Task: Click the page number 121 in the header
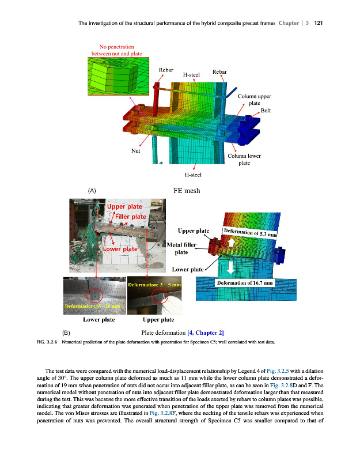[318, 23]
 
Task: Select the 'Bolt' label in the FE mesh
[266, 109]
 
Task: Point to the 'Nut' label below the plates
[136, 150]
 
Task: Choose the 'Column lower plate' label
[244, 159]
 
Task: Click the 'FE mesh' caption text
[187, 190]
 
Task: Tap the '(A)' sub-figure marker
[91, 190]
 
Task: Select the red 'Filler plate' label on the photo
[131, 217]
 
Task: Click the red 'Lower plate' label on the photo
[120, 249]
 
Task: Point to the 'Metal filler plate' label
[181, 249]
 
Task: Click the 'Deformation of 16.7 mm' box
[244, 283]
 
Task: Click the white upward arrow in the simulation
[230, 243]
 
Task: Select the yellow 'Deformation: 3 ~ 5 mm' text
[154, 285]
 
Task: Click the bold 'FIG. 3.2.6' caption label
[47, 342]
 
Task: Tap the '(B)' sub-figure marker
[66, 332]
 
